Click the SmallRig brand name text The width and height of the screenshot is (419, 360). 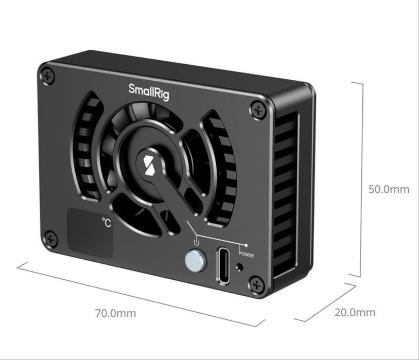pyautogui.click(x=149, y=92)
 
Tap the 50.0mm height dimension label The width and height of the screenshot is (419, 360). pyautogui.click(x=389, y=189)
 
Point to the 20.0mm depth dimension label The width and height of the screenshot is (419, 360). pyautogui.click(x=355, y=312)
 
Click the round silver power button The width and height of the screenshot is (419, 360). pyautogui.click(x=194, y=261)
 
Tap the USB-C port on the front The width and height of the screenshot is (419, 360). pyautogui.click(x=225, y=265)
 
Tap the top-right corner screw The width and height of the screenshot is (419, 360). pyautogui.click(x=257, y=110)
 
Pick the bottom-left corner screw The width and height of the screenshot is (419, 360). pyautogui.click(x=50, y=238)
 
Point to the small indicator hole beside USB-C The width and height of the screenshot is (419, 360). pyautogui.click(x=240, y=267)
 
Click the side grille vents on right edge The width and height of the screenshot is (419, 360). pyautogui.click(x=286, y=195)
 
